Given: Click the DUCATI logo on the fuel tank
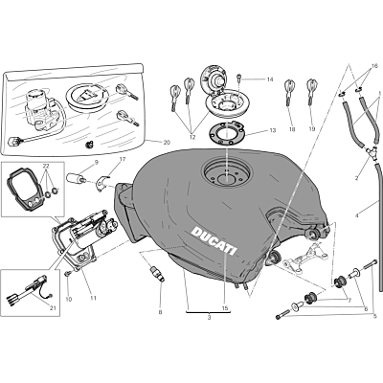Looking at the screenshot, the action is click(214, 241).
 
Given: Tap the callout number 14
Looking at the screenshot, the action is click(270, 79).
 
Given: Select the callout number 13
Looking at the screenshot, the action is click(272, 130).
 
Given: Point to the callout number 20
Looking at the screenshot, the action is click(167, 143).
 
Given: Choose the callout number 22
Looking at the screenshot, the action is click(47, 166).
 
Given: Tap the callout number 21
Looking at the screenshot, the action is click(53, 307).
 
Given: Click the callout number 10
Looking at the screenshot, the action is click(69, 300).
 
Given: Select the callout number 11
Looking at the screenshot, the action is click(93, 299).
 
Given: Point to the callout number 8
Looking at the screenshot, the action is click(160, 312).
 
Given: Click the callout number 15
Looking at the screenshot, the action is click(225, 308).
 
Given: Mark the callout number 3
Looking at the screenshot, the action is click(209, 318).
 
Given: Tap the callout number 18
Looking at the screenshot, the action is click(292, 129).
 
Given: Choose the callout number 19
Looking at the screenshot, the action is click(312, 129).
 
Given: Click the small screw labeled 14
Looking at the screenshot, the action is click(239, 79).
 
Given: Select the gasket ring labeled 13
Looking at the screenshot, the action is click(226, 132).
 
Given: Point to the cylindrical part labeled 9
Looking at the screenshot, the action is click(76, 177).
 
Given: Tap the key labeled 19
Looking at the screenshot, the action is click(311, 91).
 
